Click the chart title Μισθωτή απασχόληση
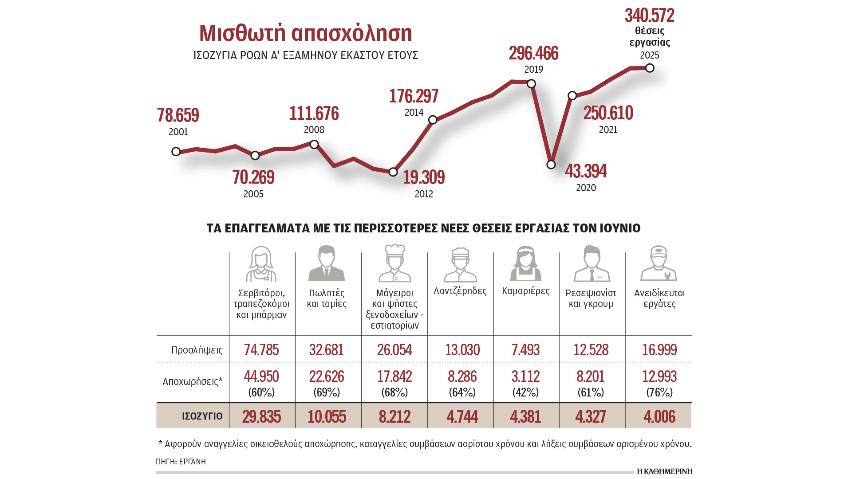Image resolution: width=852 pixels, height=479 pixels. (x=305, y=34)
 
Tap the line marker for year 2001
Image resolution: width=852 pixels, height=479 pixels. (x=176, y=152)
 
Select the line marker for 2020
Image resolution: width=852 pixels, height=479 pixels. (x=551, y=165)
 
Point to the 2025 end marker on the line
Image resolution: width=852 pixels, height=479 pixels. (x=650, y=68)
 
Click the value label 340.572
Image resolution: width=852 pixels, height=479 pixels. (x=649, y=16)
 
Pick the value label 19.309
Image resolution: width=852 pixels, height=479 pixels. (x=423, y=178)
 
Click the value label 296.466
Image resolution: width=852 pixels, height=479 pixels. (x=533, y=54)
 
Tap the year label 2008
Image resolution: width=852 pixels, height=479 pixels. (x=314, y=130)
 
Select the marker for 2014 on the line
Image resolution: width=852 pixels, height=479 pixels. (x=433, y=120)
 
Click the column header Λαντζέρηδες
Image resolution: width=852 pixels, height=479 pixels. (x=460, y=291)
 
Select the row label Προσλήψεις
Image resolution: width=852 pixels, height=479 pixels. (x=197, y=350)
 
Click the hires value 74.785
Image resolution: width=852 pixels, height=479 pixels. (x=261, y=350)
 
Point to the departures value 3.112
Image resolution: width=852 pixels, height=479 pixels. (x=525, y=377)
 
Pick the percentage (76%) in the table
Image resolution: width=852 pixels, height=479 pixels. (x=659, y=393)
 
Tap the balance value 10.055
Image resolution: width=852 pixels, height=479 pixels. (x=327, y=416)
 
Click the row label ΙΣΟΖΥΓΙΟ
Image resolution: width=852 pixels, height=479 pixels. (x=202, y=416)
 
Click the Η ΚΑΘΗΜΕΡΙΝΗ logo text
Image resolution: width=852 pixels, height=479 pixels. (x=664, y=471)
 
